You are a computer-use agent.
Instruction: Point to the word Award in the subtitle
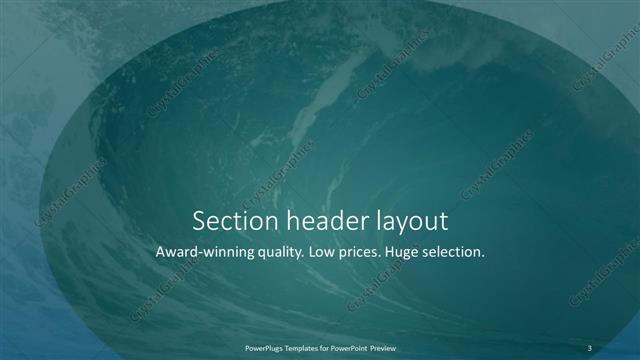click(x=177, y=253)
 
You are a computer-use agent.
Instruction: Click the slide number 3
click(x=591, y=347)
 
